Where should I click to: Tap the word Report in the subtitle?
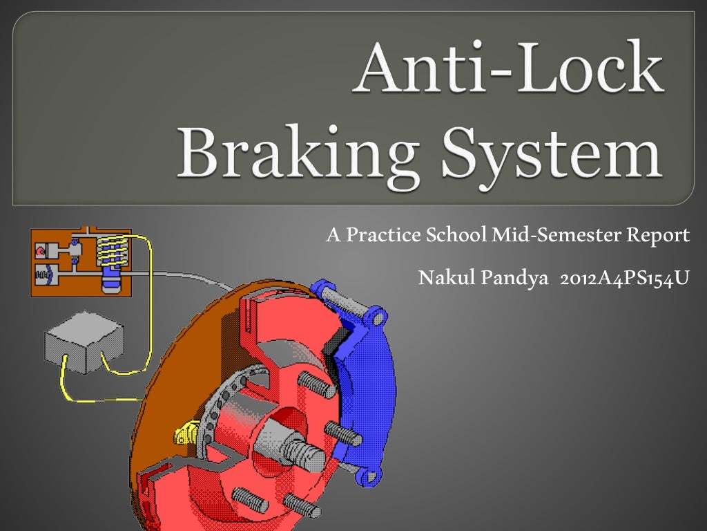657,236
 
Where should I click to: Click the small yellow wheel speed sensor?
183,434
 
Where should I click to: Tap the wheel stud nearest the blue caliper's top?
317,384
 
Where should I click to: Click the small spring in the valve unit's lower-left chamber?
43,276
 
